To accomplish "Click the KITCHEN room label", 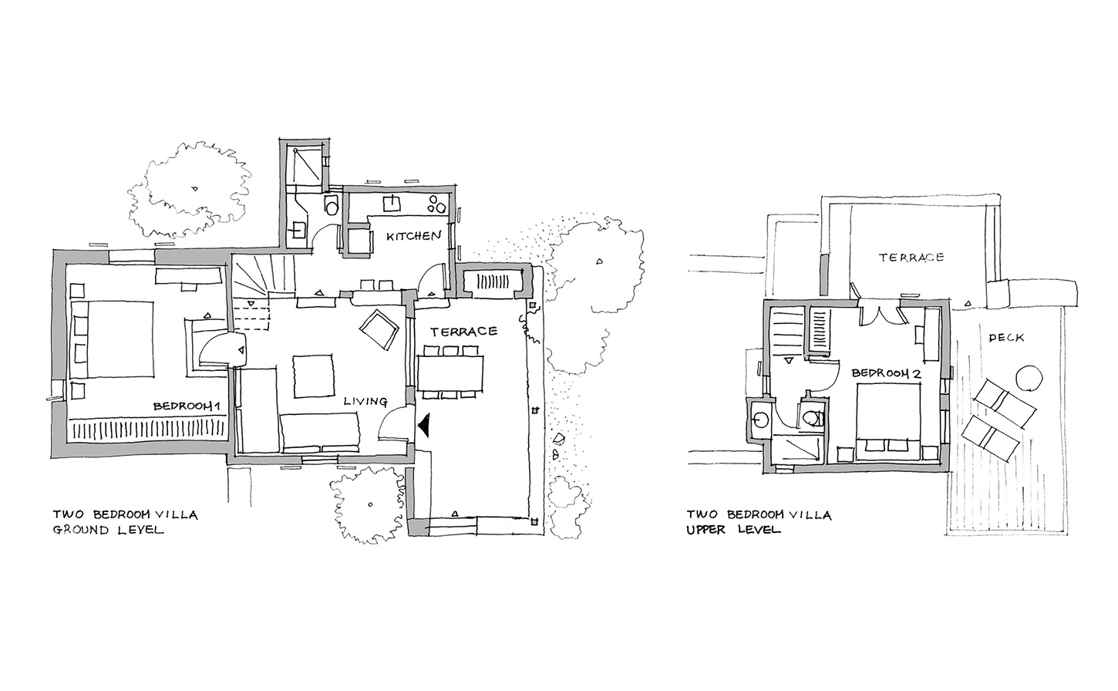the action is pos(414,236).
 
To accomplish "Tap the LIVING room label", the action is pos(365,401).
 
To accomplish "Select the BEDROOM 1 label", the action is pos(187,406).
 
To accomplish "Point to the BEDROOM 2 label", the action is pos(885,373).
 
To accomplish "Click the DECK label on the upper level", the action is pos(1006,338).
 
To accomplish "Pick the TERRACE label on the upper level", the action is pos(911,257).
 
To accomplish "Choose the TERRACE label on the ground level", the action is pos(463,331).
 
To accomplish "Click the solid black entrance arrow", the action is pos(424,425).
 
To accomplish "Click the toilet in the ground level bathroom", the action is pos(332,204).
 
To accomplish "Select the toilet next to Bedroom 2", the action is pos(813,417).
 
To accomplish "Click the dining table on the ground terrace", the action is pos(450,373).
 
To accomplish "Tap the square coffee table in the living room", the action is pos(314,376).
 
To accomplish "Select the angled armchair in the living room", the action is pos(379,329).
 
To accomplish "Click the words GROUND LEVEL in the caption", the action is pos(108,530).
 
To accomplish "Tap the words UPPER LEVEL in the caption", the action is pos(733,529).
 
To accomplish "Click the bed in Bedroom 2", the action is pos(888,421).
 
